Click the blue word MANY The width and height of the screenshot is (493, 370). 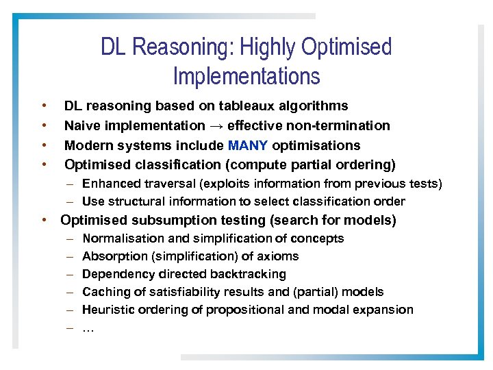click(x=249, y=145)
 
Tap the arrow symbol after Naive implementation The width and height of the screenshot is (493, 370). click(x=216, y=125)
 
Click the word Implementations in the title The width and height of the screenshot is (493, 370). click(x=246, y=75)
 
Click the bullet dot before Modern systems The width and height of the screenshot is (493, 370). click(x=44, y=145)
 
